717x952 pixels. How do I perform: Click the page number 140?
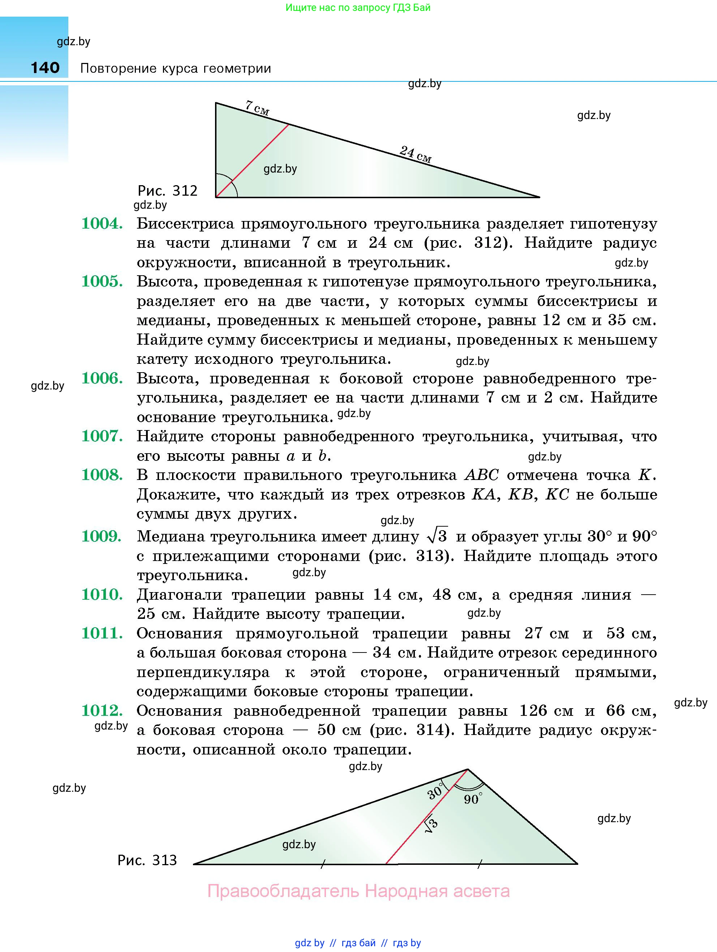pyautogui.click(x=45, y=68)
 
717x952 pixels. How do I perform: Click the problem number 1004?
pyautogui.click(x=102, y=224)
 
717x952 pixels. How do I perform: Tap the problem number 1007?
pyautogui.click(x=102, y=437)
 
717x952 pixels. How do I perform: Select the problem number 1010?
pyautogui.click(x=102, y=595)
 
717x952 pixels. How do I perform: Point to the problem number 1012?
pyautogui.click(x=102, y=710)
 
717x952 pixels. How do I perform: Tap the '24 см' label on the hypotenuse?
pyautogui.click(x=415, y=154)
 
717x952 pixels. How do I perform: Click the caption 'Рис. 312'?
pyautogui.click(x=167, y=190)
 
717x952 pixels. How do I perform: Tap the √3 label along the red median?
pyautogui.click(x=431, y=825)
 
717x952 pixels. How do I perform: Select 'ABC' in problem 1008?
pyautogui.click(x=482, y=475)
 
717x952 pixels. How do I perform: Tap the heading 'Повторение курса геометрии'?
pyautogui.click(x=176, y=68)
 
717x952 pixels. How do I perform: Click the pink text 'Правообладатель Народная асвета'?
pyautogui.click(x=358, y=891)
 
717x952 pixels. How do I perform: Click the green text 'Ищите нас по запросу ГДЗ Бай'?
pyautogui.click(x=358, y=7)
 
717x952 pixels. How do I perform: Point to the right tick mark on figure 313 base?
pyautogui.click(x=480, y=863)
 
